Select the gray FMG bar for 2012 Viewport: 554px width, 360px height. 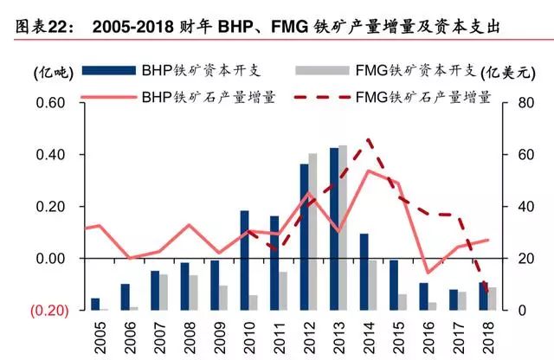click(x=313, y=232)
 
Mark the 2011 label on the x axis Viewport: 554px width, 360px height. click(x=276, y=335)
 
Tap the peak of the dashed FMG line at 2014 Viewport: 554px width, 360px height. click(x=370, y=138)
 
